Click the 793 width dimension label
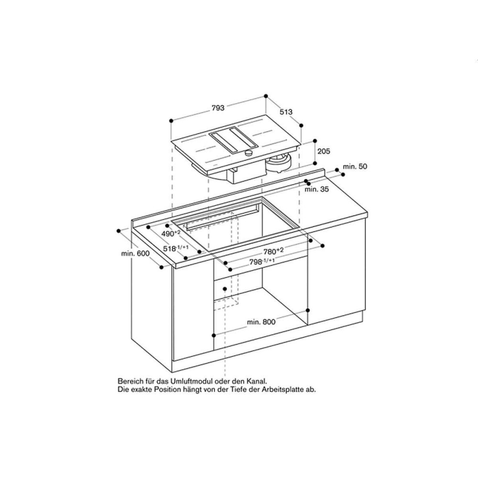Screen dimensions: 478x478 (x=217, y=108)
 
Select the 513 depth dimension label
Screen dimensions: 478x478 (x=286, y=112)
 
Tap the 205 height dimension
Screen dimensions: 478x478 (x=324, y=152)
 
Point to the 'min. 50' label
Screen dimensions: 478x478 (x=354, y=166)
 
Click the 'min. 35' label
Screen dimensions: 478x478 (x=317, y=190)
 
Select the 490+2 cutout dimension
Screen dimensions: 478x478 (x=170, y=234)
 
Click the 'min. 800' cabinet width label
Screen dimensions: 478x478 (x=261, y=322)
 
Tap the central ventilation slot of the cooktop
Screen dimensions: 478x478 (x=233, y=141)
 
